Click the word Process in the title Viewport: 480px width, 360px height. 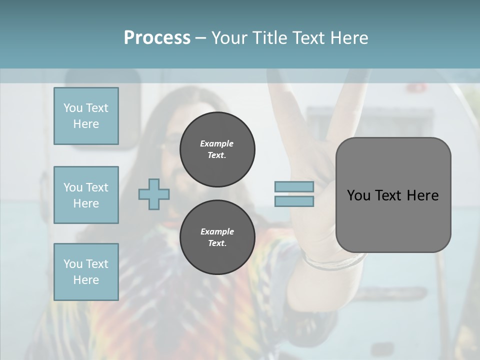pyautogui.click(x=157, y=38)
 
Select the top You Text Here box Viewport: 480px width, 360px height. pyautogui.click(x=86, y=116)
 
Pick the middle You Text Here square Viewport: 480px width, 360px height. pyautogui.click(x=86, y=195)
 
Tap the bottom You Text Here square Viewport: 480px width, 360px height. pyautogui.click(x=86, y=272)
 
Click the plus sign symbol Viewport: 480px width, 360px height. pyautogui.click(x=154, y=194)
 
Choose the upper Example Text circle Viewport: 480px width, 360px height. pyautogui.click(x=217, y=149)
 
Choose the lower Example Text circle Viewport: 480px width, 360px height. pyautogui.click(x=217, y=237)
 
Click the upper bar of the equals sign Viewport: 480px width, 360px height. pyautogui.click(x=294, y=186)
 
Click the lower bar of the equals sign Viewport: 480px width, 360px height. pyautogui.click(x=294, y=201)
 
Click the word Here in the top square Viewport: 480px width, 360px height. pyautogui.click(x=86, y=124)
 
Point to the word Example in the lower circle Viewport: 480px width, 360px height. pyautogui.click(x=217, y=231)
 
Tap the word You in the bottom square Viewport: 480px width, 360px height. pyautogui.click(x=72, y=264)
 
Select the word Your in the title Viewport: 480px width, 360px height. pyautogui.click(x=230, y=38)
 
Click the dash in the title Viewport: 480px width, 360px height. pyautogui.click(x=200, y=38)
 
